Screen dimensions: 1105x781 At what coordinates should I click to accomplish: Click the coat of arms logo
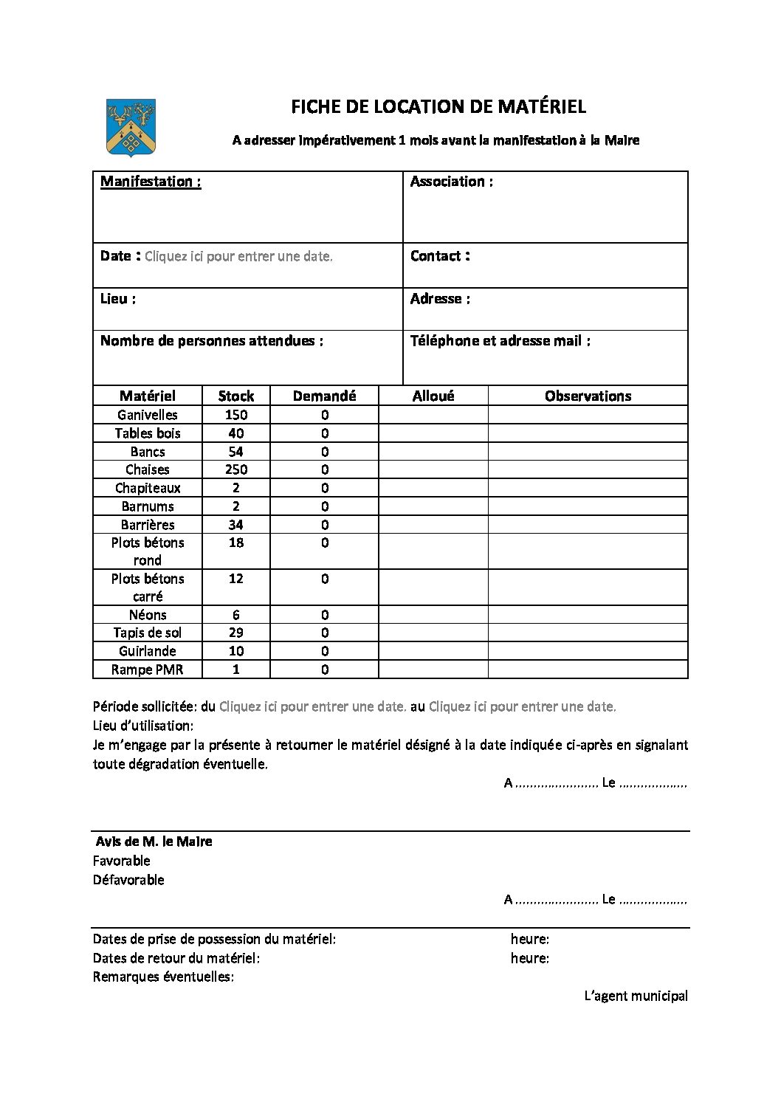tap(131, 128)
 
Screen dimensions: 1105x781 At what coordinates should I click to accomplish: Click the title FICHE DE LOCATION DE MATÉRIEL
tap(438, 107)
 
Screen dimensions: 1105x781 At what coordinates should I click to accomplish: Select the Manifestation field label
tap(151, 182)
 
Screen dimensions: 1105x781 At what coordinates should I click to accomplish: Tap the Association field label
tap(451, 182)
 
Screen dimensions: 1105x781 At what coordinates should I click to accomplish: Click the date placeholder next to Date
tap(238, 257)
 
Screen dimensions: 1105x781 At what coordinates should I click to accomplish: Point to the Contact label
tap(440, 256)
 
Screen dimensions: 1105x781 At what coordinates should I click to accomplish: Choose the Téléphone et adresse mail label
tap(500, 341)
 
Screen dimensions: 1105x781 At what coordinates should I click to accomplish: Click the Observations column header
tap(588, 396)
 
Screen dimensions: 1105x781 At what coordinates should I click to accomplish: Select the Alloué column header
tap(433, 396)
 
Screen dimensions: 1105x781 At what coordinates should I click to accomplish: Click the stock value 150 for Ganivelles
tap(236, 415)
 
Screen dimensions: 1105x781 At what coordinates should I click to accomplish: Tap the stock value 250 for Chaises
tap(236, 469)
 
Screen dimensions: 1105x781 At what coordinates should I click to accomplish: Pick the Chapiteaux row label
tap(148, 488)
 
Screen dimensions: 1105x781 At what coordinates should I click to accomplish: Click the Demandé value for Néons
tap(325, 615)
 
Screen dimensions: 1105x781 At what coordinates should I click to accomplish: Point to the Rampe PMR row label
tap(148, 669)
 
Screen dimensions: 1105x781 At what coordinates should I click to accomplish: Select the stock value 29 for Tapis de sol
tap(236, 633)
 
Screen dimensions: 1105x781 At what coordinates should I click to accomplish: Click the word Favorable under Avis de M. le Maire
tap(122, 861)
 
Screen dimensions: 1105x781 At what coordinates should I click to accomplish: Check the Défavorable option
tap(128, 880)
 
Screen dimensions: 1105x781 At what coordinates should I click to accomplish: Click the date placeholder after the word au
tap(522, 706)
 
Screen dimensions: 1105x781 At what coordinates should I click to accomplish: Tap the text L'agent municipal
tap(636, 996)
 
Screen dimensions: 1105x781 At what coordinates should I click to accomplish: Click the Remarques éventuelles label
tap(163, 977)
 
